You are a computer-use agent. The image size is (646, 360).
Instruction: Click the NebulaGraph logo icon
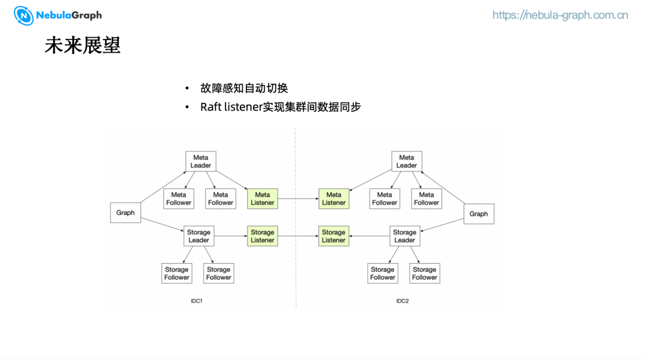pos(24,16)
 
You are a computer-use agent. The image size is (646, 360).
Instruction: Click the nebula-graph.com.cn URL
pos(560,15)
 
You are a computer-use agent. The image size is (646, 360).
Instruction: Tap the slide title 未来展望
pos(83,45)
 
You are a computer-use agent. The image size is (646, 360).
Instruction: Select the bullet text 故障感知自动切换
pos(244,89)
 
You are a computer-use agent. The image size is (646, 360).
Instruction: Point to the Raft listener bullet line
pos(280,107)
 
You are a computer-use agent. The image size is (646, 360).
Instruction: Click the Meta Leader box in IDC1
pos(200,161)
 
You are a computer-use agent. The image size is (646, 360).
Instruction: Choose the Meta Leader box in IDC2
pos(406,161)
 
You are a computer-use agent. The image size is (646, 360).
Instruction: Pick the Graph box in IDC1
pos(126,213)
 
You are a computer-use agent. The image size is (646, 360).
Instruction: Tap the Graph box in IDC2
pos(479,214)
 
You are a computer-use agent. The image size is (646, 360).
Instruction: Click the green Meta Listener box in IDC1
pos(262,199)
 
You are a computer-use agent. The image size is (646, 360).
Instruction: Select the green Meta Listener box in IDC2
pos(334,199)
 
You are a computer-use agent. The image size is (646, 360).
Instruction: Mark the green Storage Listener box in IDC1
pos(262,236)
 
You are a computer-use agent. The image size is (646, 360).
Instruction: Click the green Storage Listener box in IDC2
pos(333,236)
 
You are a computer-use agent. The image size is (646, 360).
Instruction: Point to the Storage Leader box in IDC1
pos(199,236)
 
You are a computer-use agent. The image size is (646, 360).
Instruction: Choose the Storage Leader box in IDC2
pos(404,236)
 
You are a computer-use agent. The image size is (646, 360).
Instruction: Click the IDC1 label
pos(196,301)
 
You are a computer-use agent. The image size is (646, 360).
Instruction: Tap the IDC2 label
pos(403,301)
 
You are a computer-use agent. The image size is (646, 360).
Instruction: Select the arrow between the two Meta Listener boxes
pos(298,199)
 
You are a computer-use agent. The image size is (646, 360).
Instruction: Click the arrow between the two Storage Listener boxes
pos(298,236)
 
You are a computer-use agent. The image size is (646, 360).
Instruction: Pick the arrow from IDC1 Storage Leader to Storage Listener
pos(230,236)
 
